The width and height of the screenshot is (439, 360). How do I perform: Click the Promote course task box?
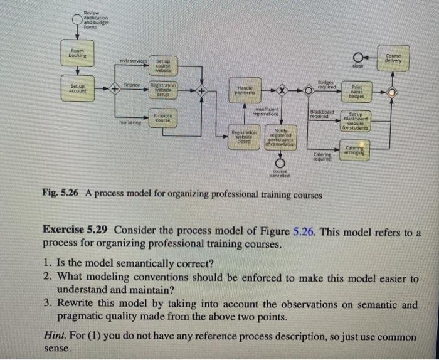(x=163, y=117)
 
